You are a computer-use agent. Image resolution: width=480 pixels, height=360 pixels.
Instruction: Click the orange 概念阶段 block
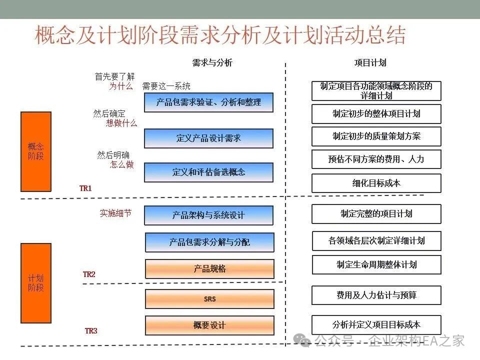[36, 151]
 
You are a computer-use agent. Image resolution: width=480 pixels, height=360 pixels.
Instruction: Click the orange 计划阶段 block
[36, 283]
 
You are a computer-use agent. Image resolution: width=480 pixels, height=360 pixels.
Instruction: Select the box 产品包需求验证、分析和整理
[208, 102]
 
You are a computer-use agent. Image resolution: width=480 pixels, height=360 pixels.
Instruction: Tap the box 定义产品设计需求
[208, 138]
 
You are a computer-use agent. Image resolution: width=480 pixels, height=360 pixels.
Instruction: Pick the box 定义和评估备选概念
[208, 172]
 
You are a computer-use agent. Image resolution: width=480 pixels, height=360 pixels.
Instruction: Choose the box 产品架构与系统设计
[208, 215]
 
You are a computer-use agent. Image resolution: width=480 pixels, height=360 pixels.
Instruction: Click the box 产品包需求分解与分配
[209, 242]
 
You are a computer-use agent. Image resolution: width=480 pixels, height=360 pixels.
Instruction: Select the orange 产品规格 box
[209, 269]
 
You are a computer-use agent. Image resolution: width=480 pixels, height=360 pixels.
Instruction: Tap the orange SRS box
[209, 299]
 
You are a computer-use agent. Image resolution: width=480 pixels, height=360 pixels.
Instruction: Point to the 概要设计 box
[209, 325]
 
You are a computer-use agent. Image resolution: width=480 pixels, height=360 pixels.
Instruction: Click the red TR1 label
[85, 188]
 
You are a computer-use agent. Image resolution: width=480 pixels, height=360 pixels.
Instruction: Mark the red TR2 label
[89, 274]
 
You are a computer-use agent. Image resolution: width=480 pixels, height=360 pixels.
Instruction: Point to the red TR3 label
[91, 331]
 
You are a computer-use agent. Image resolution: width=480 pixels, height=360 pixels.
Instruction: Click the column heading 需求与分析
[212, 63]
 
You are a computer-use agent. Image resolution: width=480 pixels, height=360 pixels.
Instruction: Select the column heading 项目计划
[370, 63]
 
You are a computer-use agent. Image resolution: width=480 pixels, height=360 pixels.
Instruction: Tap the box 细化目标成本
[376, 183]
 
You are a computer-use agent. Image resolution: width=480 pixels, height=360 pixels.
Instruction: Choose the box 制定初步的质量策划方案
[376, 136]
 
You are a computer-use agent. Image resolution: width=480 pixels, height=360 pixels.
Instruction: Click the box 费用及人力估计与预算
[376, 295]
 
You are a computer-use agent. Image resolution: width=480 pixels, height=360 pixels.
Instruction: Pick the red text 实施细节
[115, 213]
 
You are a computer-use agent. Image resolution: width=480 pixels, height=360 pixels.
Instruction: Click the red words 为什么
[121, 86]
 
